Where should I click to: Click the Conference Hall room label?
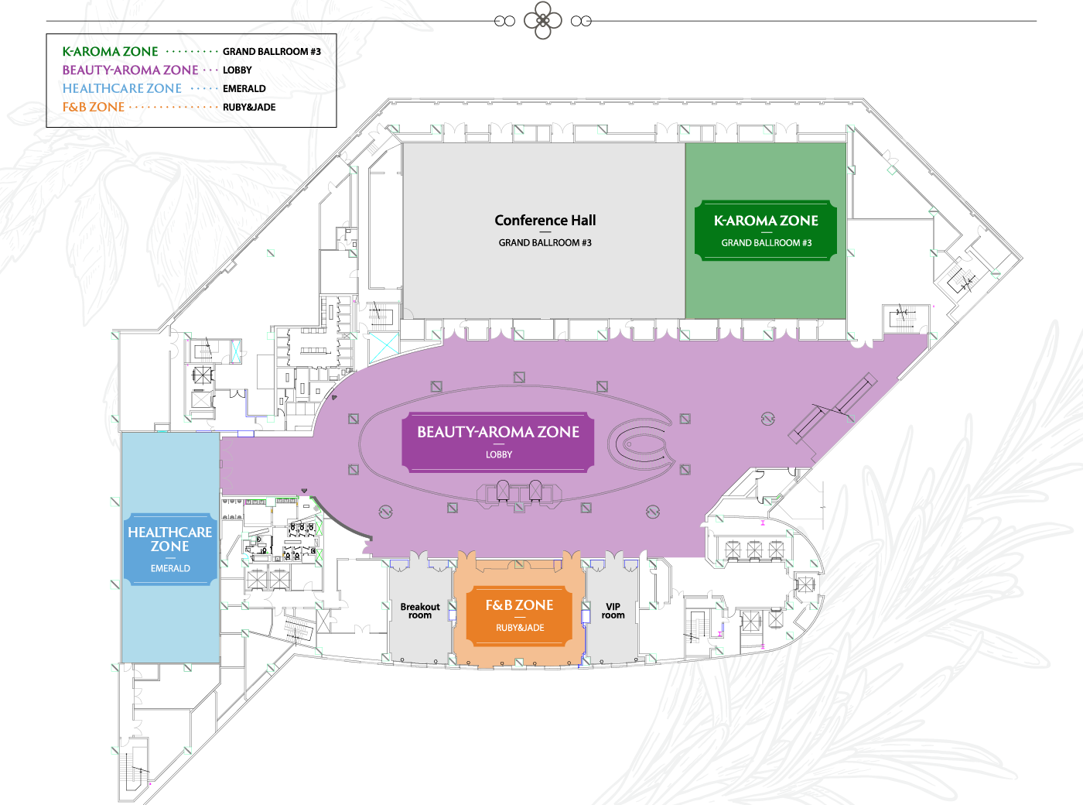545,221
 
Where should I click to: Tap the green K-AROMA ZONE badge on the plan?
766,230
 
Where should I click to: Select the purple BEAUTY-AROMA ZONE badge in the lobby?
498,441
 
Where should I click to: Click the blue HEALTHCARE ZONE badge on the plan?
170,549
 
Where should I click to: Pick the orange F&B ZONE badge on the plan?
519,615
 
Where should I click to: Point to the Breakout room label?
420,611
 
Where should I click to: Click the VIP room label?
613,611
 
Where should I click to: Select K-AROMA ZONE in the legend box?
110,52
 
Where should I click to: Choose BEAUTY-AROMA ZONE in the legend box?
130,70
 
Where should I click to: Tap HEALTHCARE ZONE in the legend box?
122,89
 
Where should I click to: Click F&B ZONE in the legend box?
94,108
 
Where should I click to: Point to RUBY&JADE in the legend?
249,108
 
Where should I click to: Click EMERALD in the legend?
244,89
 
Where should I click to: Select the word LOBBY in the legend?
237,70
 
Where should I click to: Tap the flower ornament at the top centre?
543,21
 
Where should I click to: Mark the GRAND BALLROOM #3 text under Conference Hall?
545,243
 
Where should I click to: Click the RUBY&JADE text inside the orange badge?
520,628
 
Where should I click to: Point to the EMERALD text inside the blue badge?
170,568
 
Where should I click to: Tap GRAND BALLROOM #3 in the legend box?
272,52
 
